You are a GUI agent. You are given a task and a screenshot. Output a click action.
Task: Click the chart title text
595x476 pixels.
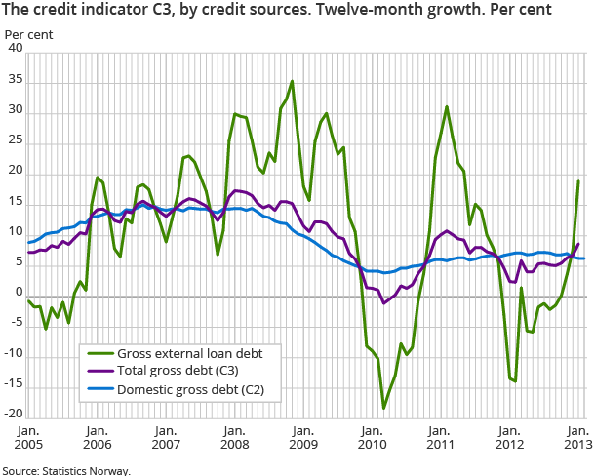(x=277, y=11)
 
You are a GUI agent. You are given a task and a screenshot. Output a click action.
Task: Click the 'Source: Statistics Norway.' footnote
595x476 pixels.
(x=65, y=469)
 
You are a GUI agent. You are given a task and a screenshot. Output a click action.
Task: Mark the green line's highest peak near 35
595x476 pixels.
(x=292, y=82)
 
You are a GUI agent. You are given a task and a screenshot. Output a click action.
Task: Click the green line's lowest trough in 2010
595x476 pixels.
(x=383, y=408)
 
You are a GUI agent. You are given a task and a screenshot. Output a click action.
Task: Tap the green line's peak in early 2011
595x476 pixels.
(x=447, y=107)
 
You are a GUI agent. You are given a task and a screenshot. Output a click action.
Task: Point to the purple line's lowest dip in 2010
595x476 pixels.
(x=383, y=303)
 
